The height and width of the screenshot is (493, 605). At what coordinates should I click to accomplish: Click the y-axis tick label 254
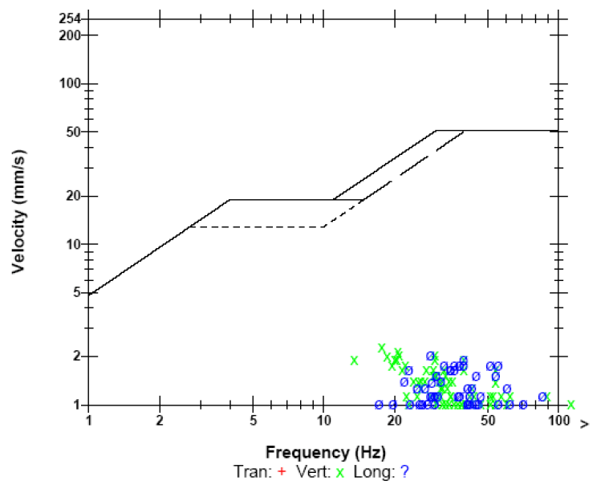(71, 18)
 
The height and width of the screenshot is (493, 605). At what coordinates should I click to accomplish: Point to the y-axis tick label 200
(71, 35)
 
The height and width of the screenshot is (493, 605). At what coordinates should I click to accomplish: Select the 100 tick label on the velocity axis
(71, 84)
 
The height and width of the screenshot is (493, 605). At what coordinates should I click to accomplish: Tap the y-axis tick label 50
(73, 132)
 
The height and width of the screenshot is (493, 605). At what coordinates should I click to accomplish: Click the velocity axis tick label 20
(73, 196)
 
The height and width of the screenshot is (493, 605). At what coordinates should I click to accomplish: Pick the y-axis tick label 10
(73, 244)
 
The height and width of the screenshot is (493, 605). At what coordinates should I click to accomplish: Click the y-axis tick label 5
(76, 292)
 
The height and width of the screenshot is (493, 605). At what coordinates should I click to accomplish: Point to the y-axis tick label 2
(76, 357)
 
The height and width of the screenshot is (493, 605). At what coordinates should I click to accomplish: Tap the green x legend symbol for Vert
(340, 472)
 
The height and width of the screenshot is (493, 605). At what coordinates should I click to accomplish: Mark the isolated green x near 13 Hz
(354, 361)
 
